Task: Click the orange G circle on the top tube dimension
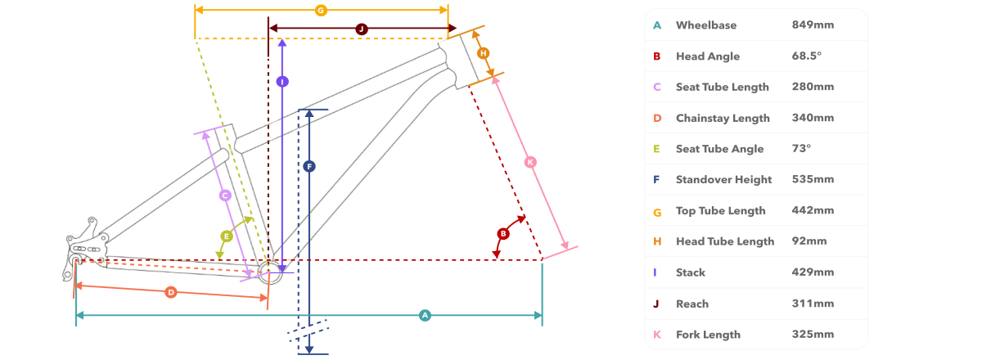point(321,10)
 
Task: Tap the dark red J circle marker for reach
point(361,29)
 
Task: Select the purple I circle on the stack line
point(282,82)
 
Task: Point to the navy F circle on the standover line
point(309,167)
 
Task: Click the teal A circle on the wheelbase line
point(425,315)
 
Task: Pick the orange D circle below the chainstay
point(171,292)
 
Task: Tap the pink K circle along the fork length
point(530,162)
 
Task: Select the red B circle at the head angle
point(503,234)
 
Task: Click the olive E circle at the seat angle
point(227,236)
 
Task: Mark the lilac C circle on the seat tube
point(225,196)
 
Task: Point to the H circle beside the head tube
point(483,53)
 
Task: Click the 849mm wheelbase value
point(813,25)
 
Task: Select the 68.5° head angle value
point(807,56)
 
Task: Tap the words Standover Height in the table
point(723,180)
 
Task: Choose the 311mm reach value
point(813,304)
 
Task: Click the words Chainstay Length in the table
point(723,119)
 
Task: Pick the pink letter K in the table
point(656,335)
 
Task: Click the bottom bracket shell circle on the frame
point(269,272)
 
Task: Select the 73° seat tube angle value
point(801,149)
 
